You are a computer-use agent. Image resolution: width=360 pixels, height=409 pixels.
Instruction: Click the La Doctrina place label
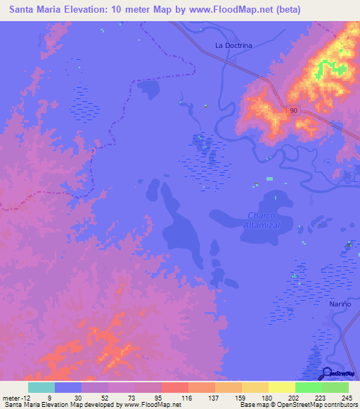pos(233,46)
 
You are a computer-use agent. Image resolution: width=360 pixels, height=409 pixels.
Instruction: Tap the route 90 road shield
pos(292,110)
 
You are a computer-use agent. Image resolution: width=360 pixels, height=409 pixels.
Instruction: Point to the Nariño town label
pos(339,303)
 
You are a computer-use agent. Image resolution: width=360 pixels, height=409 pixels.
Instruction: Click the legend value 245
pos(346,398)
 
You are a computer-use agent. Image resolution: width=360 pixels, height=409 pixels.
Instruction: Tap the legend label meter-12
pos(15,398)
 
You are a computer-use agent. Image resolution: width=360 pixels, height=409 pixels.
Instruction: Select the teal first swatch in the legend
pos(41,387)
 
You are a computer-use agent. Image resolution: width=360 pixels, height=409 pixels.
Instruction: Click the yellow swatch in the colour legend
pos(281,387)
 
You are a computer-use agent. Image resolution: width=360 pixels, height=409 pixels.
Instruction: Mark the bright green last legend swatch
pos(335,387)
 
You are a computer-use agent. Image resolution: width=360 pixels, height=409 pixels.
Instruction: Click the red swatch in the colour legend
pos(175,387)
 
